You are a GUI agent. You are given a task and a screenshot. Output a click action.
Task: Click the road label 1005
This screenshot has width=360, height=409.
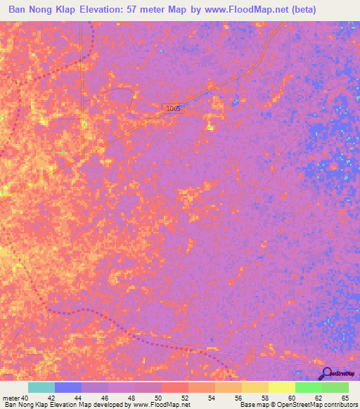174,108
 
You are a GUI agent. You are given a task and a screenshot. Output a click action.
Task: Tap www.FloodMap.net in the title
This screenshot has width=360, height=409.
245,10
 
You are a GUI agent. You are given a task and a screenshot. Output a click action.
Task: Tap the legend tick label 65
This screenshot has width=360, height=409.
344,398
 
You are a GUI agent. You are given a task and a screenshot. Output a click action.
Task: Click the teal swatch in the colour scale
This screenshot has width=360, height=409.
41,387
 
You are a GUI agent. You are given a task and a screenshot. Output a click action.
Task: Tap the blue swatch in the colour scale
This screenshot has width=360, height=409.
68,387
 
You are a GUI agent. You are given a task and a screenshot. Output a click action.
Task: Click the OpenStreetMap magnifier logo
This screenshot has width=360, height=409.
326,373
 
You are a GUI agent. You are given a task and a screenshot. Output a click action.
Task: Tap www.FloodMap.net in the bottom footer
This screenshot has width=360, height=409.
159,405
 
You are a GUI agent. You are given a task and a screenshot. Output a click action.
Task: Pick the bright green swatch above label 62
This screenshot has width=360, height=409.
309,387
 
